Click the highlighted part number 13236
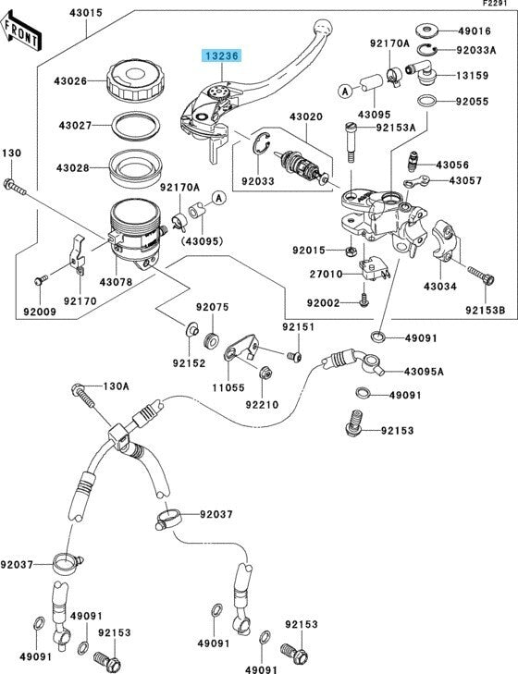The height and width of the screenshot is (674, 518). coord(222,55)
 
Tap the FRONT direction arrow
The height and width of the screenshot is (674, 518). coord(21,31)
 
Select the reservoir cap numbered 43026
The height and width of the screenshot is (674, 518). coord(133,80)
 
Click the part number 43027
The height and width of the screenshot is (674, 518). coord(75,126)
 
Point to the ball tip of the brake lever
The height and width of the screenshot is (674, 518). coord(324,26)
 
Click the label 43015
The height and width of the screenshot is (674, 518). coord(86,13)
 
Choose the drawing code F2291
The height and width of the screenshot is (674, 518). coord(499,3)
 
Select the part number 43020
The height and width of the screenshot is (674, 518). coord(305,116)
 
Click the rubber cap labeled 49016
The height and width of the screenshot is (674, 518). coord(426,31)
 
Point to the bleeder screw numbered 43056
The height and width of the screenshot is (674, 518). coord(413,163)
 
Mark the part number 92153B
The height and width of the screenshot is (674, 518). coord(485,310)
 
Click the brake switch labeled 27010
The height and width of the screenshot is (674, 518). coord(373,269)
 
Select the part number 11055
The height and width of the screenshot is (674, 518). coord(228,387)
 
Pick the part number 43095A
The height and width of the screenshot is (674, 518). coord(424,372)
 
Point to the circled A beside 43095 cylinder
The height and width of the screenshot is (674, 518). coord(345,92)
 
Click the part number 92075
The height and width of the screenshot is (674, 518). coord(213,307)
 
